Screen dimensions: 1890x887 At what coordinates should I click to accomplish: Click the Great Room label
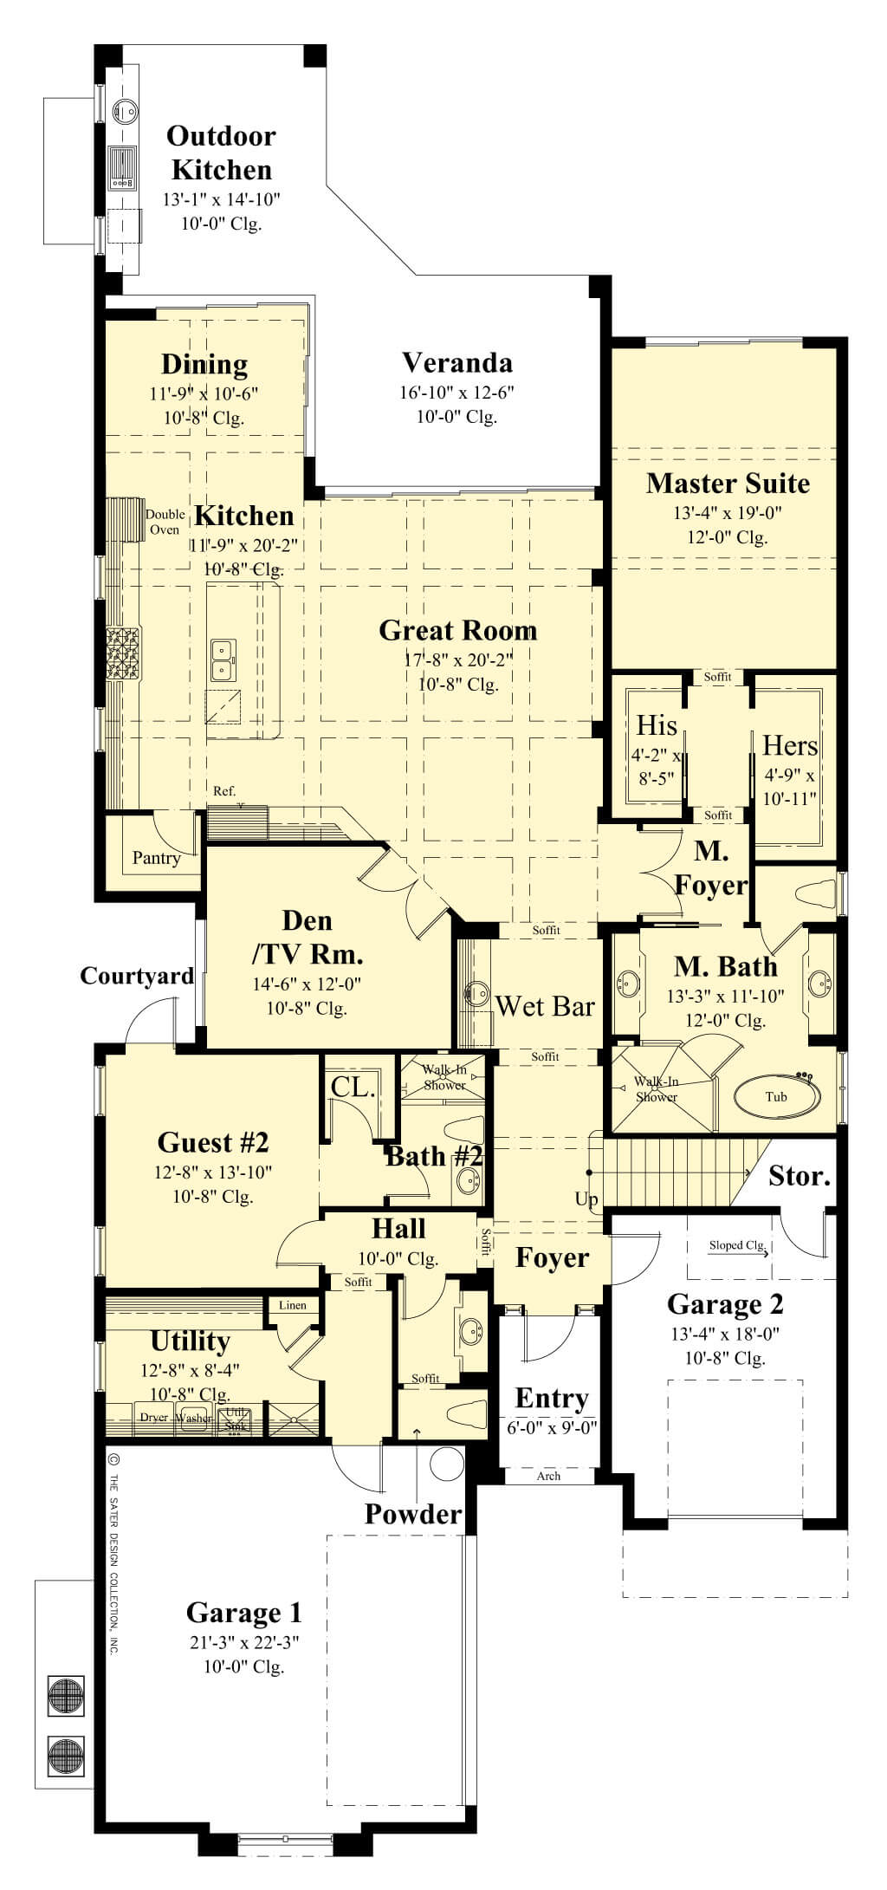457,630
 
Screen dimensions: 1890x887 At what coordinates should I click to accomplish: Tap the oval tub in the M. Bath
776,1096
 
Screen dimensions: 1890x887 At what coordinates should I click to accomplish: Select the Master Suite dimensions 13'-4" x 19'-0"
728,513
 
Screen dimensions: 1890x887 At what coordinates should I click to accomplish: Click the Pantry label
156,858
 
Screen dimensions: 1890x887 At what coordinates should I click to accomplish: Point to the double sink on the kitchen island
223,658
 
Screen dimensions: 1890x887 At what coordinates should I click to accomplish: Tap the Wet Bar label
545,1006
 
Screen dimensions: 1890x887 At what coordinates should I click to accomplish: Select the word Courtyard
137,976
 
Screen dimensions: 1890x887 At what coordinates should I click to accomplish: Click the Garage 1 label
244,1613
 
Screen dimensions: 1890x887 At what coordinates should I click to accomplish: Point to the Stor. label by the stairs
800,1176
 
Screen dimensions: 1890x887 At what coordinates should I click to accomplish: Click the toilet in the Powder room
460,1413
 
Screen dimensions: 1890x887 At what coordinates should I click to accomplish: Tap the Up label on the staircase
586,1199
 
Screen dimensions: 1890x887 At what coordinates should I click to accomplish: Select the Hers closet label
790,745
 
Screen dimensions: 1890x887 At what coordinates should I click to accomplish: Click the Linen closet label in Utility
292,1305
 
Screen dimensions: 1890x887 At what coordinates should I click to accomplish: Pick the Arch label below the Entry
548,1476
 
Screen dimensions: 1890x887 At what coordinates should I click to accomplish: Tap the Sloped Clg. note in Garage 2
737,1245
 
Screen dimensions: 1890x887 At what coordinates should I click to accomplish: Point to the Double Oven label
165,522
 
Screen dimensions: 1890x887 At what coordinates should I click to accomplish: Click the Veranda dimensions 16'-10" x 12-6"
456,393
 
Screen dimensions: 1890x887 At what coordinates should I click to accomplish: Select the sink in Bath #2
469,1179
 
